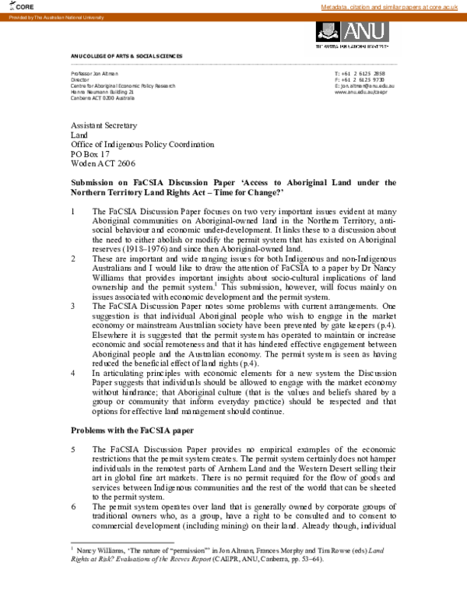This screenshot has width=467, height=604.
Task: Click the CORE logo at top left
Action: pos(23,6)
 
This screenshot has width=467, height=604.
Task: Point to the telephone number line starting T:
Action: pos(337,73)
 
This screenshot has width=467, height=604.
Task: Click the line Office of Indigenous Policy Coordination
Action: pos(142,144)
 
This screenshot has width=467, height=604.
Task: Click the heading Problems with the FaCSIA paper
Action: pos(133,430)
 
